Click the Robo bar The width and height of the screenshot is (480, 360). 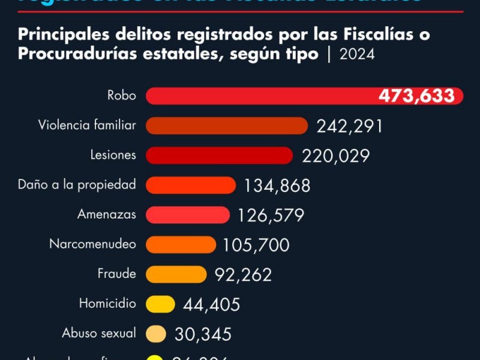(258, 96)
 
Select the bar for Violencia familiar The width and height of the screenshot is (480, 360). (227, 125)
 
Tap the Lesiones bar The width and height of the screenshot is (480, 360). (219, 155)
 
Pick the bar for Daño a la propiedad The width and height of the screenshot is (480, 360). (191, 185)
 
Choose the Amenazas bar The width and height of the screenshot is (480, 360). (188, 215)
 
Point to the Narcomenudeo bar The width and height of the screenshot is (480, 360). (181, 244)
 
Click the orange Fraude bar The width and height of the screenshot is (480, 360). (176, 274)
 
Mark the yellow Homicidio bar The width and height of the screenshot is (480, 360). (160, 304)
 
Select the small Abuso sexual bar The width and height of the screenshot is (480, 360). (156, 334)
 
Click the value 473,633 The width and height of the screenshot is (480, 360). (416, 96)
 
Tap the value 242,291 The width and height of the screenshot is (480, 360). (349, 126)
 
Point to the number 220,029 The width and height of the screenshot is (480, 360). (336, 156)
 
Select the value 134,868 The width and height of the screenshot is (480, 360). (277, 185)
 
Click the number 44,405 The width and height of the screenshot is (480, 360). (211, 304)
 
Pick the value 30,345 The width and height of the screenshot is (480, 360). (203, 334)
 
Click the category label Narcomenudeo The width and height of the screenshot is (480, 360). (92, 244)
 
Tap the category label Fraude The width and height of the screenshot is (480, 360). (116, 274)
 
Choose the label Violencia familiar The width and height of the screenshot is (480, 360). (87, 125)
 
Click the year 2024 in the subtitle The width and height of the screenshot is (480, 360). (357, 55)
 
